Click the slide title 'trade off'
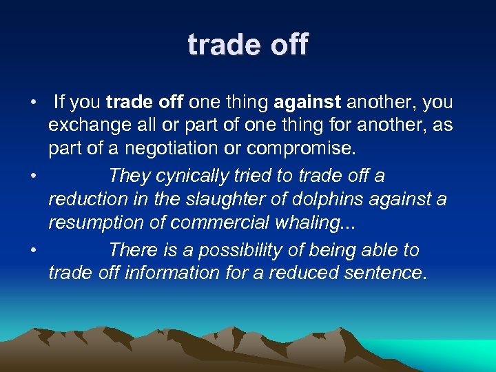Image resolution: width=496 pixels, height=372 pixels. pos(248,45)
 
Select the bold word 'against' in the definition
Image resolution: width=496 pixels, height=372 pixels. pos(307,103)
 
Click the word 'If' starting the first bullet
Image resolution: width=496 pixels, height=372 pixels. pos(59,103)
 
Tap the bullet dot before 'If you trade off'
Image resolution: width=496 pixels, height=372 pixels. pos(33,103)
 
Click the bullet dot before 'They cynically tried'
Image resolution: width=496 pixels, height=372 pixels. pos(33,177)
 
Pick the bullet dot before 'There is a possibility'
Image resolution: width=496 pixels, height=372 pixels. pos(33,250)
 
